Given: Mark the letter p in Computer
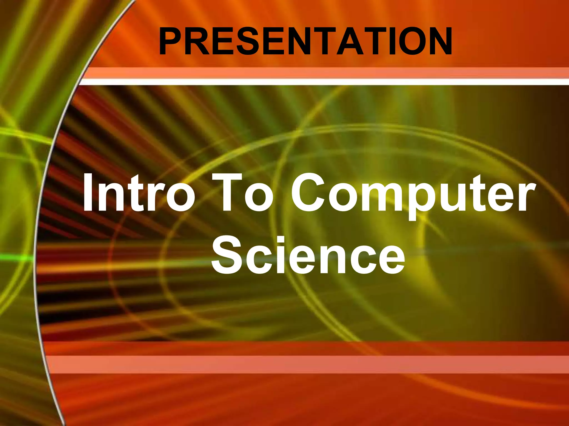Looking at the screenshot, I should point(424,200).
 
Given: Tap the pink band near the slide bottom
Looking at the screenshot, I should point(306,364).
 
